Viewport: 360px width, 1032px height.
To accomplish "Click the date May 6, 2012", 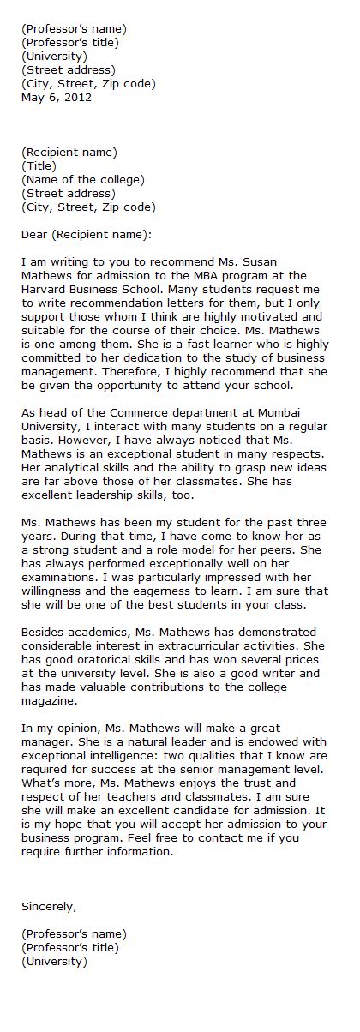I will tap(56, 98).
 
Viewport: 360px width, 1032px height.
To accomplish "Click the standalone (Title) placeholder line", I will tap(39, 166).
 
